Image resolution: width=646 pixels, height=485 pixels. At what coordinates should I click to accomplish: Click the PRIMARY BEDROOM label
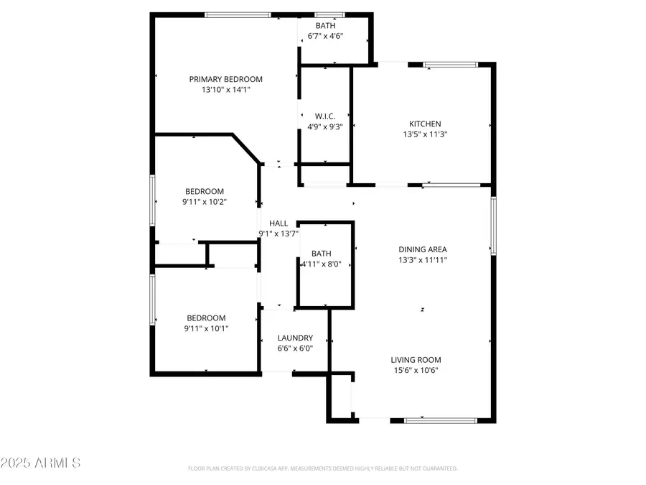(225, 79)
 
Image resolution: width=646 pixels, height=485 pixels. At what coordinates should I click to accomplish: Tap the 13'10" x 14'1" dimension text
(225, 90)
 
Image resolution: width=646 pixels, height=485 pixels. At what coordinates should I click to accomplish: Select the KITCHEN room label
(425, 124)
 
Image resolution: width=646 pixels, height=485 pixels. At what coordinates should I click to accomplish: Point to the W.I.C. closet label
(324, 116)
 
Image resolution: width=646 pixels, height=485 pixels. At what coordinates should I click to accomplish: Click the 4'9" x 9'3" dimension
(324, 126)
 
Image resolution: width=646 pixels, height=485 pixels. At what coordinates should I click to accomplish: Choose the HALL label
(278, 223)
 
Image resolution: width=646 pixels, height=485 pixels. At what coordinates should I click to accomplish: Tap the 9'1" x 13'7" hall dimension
(278, 234)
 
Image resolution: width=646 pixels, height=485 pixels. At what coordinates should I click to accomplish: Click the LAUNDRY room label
(295, 338)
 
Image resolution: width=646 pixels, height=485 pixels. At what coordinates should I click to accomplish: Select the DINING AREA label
(423, 249)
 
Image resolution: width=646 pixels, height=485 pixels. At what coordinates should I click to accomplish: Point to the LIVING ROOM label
(416, 360)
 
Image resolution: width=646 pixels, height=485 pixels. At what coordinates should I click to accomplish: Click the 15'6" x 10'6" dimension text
(416, 371)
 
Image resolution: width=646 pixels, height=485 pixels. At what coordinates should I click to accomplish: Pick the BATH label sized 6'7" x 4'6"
(325, 26)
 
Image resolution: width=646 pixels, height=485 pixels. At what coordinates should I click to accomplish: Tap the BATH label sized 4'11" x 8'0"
(321, 254)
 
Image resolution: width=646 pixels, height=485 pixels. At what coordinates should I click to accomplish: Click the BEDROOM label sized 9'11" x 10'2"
(205, 191)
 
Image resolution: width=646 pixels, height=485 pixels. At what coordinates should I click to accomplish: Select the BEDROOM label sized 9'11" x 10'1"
(206, 318)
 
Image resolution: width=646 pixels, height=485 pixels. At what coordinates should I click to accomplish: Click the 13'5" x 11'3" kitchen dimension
(425, 134)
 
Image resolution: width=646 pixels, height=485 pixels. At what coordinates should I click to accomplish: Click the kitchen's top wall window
(450, 65)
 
